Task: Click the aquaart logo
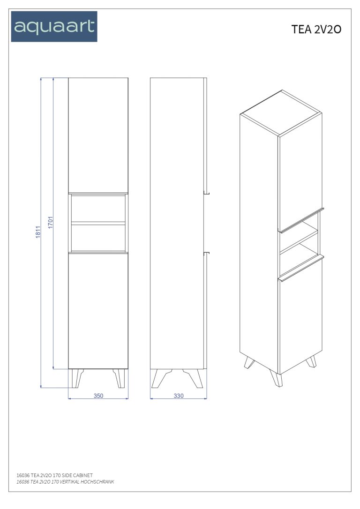point(54,26)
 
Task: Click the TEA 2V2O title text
point(316,30)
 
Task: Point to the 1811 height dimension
point(38,232)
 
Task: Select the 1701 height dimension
point(51,222)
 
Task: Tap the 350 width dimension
point(98,396)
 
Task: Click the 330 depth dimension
point(179,396)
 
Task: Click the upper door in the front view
point(98,135)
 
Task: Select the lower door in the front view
point(98,311)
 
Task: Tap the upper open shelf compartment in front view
point(98,209)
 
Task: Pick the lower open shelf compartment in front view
point(98,238)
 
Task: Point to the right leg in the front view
point(119,378)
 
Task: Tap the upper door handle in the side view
point(206,193)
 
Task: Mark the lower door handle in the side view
point(206,252)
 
